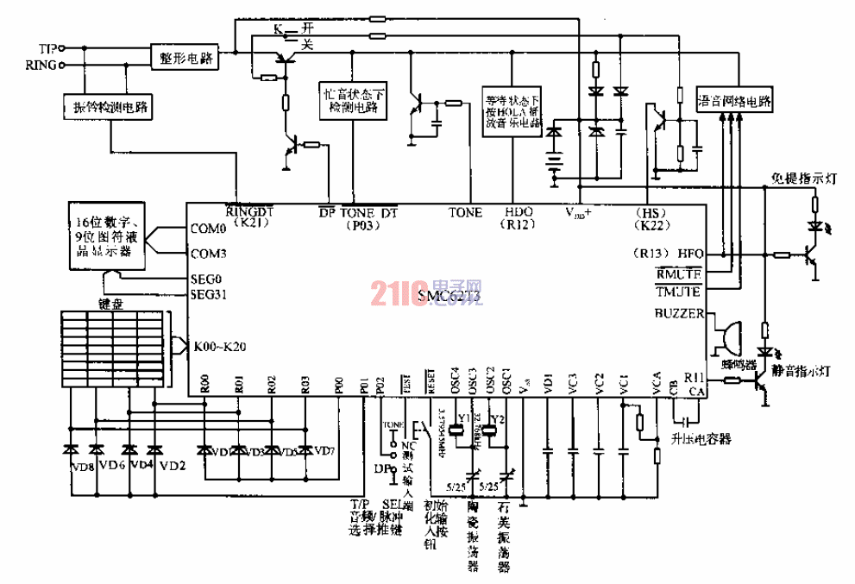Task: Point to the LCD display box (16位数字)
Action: [109, 232]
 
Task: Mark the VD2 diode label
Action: [173, 466]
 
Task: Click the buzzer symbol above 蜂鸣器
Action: [726, 332]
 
